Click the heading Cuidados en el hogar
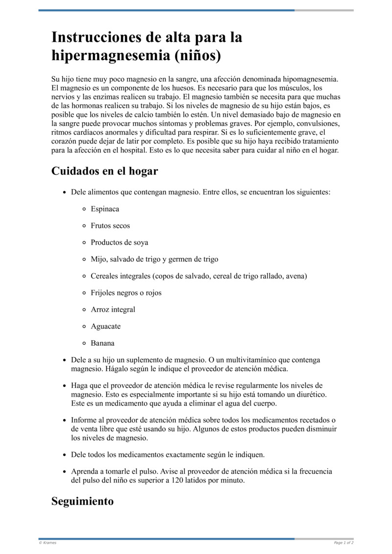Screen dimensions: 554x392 (105, 171)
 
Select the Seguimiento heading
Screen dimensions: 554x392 (82, 501)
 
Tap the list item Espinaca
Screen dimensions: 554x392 (105, 209)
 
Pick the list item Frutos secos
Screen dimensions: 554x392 (110, 226)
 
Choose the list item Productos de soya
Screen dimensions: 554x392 (119, 242)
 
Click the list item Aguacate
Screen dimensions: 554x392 (105, 326)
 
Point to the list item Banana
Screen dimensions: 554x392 (102, 343)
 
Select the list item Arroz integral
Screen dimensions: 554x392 (113, 309)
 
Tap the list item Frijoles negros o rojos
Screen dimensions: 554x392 (126, 293)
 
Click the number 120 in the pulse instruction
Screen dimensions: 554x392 (178, 480)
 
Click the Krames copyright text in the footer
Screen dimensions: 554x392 (48, 543)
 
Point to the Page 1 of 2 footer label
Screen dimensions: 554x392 (343, 543)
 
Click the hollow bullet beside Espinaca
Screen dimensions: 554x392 (85, 209)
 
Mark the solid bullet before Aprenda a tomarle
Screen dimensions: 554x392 (64, 472)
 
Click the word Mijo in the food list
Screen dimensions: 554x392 (98, 259)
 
